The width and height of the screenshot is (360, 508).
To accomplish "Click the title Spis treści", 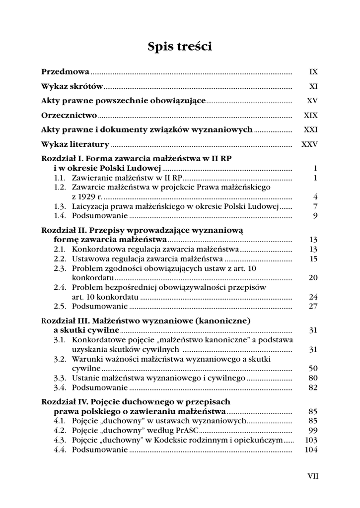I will point(180,47).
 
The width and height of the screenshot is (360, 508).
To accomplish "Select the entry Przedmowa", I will point(65,72).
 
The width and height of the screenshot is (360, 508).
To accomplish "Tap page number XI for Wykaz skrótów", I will point(313,86).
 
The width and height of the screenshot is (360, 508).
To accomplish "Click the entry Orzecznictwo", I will point(69,116).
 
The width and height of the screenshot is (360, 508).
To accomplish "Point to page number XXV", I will point(309,145).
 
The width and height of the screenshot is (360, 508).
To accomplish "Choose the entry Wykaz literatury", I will point(75,145).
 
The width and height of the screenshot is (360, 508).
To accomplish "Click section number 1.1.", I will point(60,178).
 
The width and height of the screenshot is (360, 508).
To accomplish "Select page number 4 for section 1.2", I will point(315,196).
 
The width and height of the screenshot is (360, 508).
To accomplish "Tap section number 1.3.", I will point(60,206).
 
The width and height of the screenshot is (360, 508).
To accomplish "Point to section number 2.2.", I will point(60,258).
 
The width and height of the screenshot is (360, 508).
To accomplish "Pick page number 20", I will point(313,277).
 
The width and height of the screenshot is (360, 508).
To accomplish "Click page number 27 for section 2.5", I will point(313,306).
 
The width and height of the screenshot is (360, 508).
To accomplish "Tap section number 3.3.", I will point(60,378).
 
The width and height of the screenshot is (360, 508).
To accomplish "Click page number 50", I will point(313,368).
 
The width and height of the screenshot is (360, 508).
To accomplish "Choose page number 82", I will point(313,387).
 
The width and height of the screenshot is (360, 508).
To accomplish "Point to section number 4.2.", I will point(60,430).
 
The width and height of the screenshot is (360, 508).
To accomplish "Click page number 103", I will point(311,440).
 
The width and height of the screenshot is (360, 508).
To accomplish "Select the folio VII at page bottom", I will point(313,476).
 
